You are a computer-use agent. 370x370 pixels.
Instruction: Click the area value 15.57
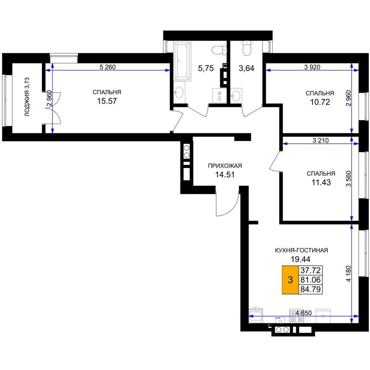(x=107, y=101)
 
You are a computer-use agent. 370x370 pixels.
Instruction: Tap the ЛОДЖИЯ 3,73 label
(x=27, y=97)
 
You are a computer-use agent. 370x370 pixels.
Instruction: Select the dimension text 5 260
(x=108, y=67)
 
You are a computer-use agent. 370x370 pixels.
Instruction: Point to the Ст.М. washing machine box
(x=219, y=95)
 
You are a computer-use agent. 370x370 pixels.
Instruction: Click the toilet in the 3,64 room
(x=247, y=48)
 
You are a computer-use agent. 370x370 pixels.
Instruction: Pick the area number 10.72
(x=320, y=102)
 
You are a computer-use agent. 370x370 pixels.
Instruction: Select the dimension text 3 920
(x=312, y=67)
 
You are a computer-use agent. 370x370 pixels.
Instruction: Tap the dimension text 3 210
(x=320, y=141)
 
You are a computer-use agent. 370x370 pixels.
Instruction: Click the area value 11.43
(x=321, y=182)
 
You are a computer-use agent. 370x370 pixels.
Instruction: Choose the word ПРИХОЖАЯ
(x=225, y=166)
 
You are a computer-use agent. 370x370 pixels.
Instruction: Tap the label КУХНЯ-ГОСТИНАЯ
(x=302, y=250)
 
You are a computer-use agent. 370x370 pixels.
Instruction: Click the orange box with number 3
(x=290, y=280)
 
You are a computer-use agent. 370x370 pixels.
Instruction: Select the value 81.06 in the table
(x=310, y=280)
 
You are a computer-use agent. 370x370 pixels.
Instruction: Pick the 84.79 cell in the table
(x=310, y=289)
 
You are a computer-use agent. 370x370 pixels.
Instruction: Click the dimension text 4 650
(x=303, y=313)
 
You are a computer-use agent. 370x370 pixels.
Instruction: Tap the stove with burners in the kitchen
(x=297, y=316)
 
